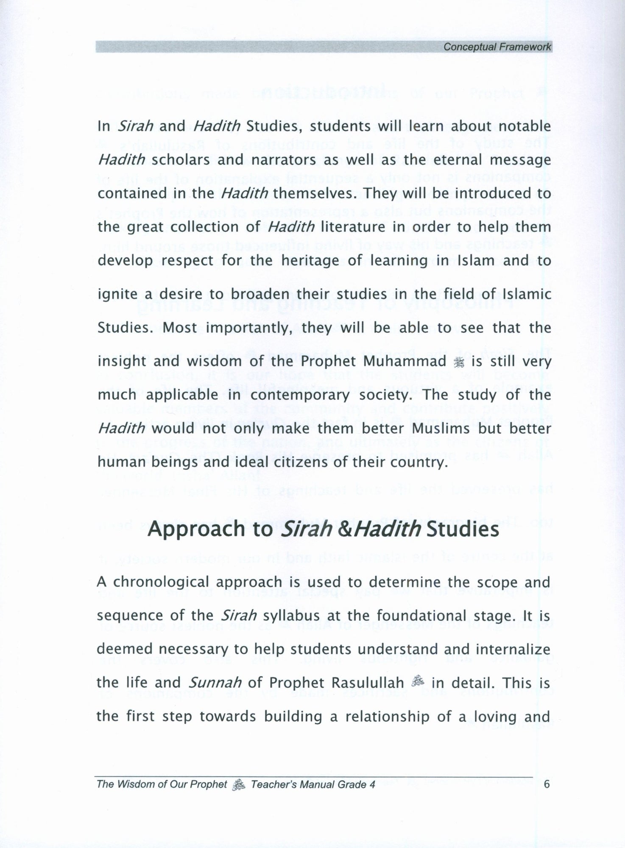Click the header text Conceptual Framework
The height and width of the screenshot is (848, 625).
[497, 47]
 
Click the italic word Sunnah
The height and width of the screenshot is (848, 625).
[215, 683]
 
